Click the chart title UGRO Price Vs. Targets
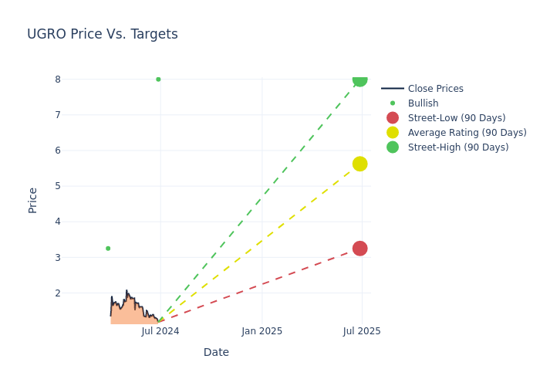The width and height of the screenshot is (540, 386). pyautogui.click(x=103, y=34)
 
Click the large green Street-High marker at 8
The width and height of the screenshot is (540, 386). pyautogui.click(x=359, y=79)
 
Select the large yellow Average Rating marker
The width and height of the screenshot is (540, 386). pyautogui.click(x=359, y=164)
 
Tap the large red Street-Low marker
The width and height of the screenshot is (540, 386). pyautogui.click(x=359, y=248)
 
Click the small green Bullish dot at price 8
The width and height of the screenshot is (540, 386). pyautogui.click(x=158, y=79)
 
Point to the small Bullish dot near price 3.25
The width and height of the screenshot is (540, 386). pyautogui.click(x=108, y=248)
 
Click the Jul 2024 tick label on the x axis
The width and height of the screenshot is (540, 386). pyautogui.click(x=160, y=331)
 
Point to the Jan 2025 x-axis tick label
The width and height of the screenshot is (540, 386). pyautogui.click(x=262, y=331)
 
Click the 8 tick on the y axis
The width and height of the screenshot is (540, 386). pyautogui.click(x=57, y=79)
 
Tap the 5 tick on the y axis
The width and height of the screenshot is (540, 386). pyautogui.click(x=57, y=186)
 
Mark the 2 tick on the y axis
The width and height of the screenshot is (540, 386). pyautogui.click(x=57, y=293)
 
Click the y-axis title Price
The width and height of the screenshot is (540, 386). pyautogui.click(x=32, y=200)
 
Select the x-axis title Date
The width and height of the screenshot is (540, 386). pyautogui.click(x=216, y=352)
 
